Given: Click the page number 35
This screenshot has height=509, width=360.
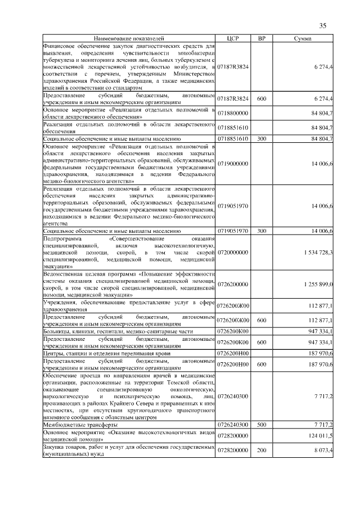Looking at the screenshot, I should [x=323, y=25].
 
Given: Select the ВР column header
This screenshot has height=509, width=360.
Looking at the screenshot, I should [x=262, y=38].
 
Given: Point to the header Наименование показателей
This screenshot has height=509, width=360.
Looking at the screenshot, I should [x=129, y=38].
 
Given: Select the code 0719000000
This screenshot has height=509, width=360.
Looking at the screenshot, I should [x=233, y=163].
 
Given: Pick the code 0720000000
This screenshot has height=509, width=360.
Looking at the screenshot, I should [x=233, y=253].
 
